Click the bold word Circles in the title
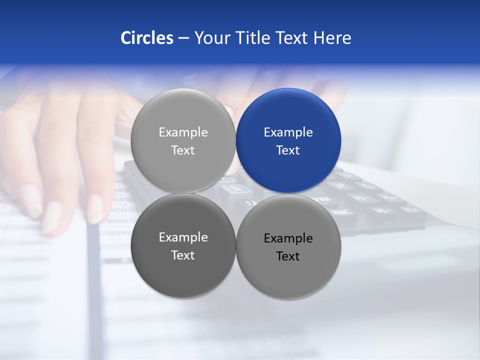[147, 38]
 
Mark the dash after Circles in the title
[183, 38]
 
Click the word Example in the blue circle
[288, 132]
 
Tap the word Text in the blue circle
[288, 150]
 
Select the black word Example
[288, 238]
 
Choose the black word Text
[288, 256]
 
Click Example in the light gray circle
[183, 132]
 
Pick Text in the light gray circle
[183, 150]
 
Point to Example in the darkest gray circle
[183, 237]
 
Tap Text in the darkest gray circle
[183, 255]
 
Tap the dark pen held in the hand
[93, 270]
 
